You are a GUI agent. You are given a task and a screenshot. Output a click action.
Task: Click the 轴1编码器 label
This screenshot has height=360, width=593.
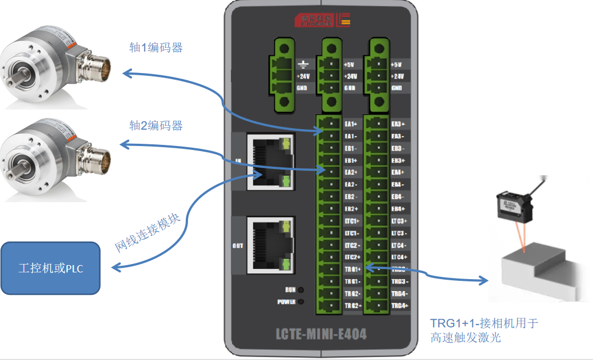coord(156,48)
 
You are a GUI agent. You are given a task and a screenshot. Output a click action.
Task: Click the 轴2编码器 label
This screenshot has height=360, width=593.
coord(156,125)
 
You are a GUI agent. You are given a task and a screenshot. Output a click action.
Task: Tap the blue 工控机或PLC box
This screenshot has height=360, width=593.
coord(51,268)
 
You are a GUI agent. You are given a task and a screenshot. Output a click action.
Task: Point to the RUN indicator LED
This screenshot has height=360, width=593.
coord(302,290)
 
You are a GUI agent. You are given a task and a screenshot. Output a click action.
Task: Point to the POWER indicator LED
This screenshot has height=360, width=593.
coord(302,302)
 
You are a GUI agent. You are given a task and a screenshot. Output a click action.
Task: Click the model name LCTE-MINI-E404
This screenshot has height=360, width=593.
coord(321,334)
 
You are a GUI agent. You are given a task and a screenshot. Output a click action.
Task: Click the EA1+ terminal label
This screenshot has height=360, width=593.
coord(352,124)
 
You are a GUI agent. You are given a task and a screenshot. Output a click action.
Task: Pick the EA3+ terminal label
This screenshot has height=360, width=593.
coord(398,124)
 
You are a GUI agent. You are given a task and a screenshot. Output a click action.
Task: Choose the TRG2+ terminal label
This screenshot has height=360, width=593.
coord(352,306)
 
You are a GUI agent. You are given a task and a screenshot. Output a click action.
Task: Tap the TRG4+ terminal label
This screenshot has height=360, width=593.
coord(398,306)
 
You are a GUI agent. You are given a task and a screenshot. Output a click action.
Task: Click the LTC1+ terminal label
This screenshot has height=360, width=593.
coord(352,221)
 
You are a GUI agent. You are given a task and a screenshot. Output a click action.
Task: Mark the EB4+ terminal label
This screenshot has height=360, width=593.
coord(398,209)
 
